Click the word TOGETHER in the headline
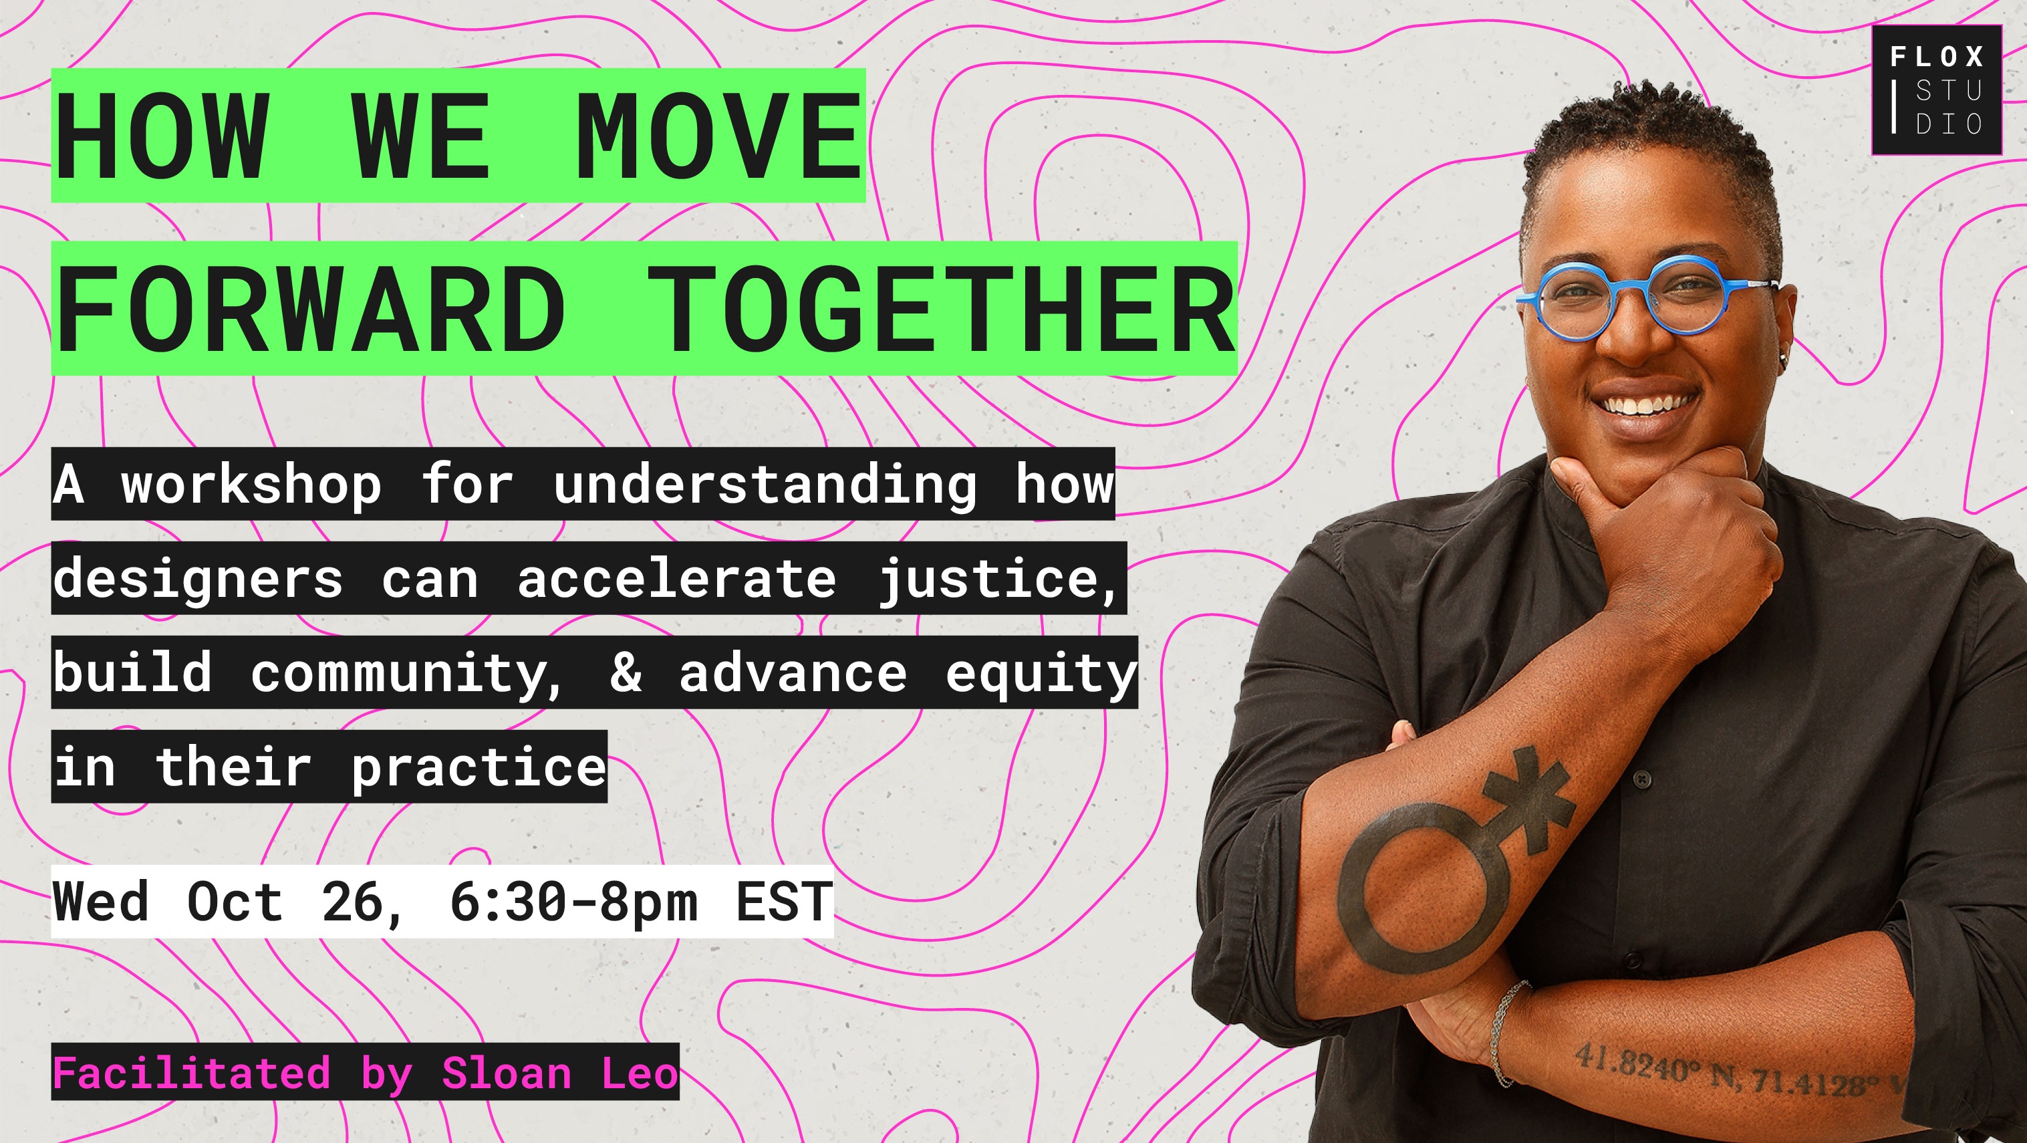940,309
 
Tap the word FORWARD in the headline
311,309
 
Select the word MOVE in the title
718,136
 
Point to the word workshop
252,484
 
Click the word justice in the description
995,579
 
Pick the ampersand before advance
626,674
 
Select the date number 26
354,901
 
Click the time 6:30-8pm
573,901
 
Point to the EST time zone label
784,901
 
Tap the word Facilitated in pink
191,1072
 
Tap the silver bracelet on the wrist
1504,1031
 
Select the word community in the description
404,674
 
